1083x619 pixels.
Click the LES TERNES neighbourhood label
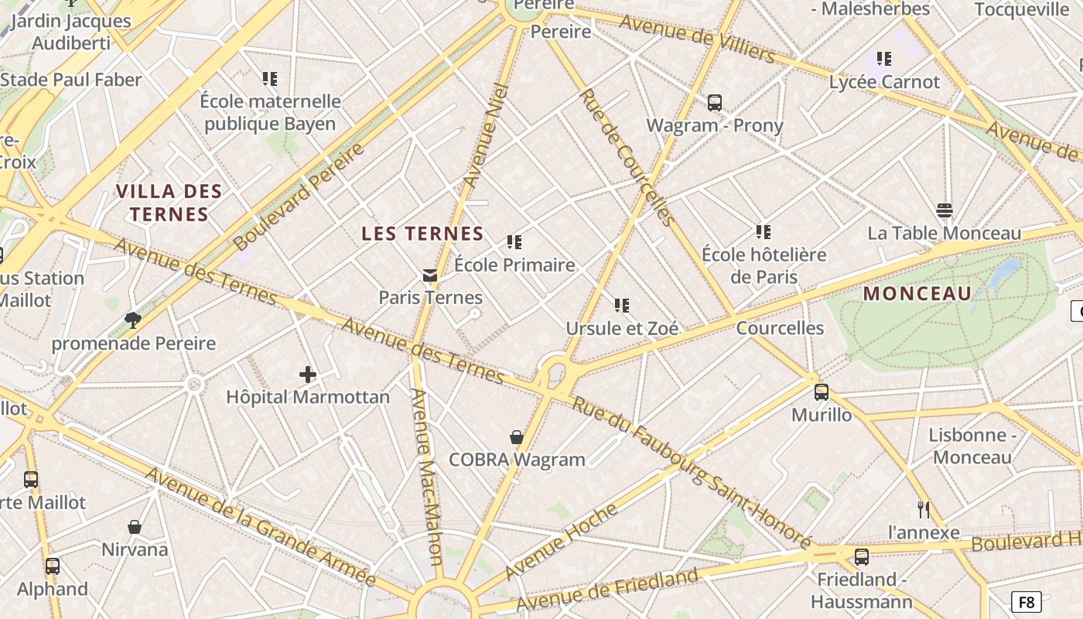coord(422,234)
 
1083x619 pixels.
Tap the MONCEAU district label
coord(917,294)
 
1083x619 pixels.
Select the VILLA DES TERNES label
coord(169,203)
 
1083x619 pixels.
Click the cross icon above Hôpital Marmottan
coord(308,375)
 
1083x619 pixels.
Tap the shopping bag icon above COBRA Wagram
coord(517,438)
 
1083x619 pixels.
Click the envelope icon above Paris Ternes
coord(430,275)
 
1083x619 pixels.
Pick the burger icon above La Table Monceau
coord(944,210)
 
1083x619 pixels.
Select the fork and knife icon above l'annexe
coord(923,510)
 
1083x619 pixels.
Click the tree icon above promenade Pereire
coord(133,320)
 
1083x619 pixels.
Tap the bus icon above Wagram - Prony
coord(715,103)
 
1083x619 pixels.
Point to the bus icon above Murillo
coord(822,392)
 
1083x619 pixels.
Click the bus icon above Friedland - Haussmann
coord(861,557)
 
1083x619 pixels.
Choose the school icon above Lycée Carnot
coord(884,59)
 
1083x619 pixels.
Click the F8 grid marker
coord(1026,602)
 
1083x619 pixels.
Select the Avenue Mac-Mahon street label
coord(425,476)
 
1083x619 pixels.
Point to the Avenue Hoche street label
coord(561,542)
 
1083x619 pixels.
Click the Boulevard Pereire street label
coord(299,197)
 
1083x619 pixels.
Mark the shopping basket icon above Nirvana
coord(135,527)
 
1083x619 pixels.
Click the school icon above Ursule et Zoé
coord(622,306)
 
